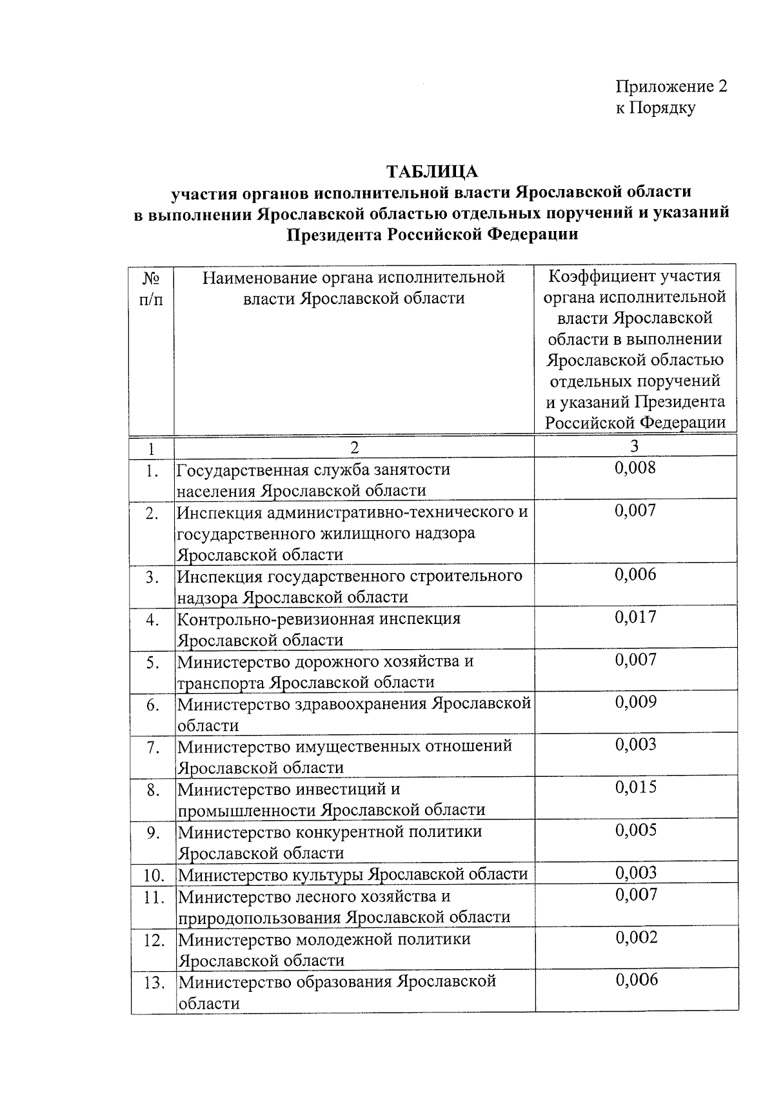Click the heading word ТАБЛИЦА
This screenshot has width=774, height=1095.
(x=432, y=172)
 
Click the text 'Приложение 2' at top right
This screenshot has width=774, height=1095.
(x=671, y=86)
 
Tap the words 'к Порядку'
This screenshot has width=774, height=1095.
(x=655, y=108)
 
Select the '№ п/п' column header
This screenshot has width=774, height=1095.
(x=151, y=288)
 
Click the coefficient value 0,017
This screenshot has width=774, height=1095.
(x=635, y=618)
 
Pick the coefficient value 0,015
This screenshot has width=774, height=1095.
(x=635, y=787)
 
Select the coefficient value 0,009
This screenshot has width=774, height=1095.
(x=635, y=703)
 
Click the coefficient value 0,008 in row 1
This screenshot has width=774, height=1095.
(x=635, y=468)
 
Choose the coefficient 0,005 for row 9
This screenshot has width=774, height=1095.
(x=636, y=830)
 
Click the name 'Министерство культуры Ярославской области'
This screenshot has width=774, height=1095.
(x=353, y=875)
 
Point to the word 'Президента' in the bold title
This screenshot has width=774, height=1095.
(x=334, y=234)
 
